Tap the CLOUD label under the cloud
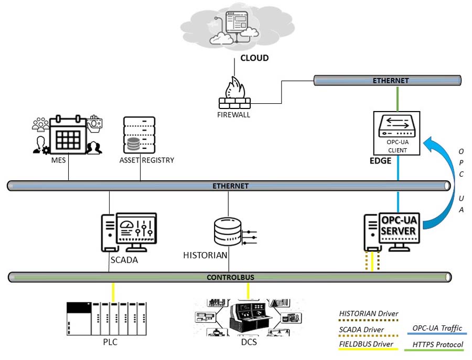(254, 58)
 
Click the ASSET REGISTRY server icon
(140, 134)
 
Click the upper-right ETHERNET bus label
(391, 81)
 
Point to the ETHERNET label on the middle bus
(231, 186)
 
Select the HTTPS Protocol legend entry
(437, 344)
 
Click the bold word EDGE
(380, 161)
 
